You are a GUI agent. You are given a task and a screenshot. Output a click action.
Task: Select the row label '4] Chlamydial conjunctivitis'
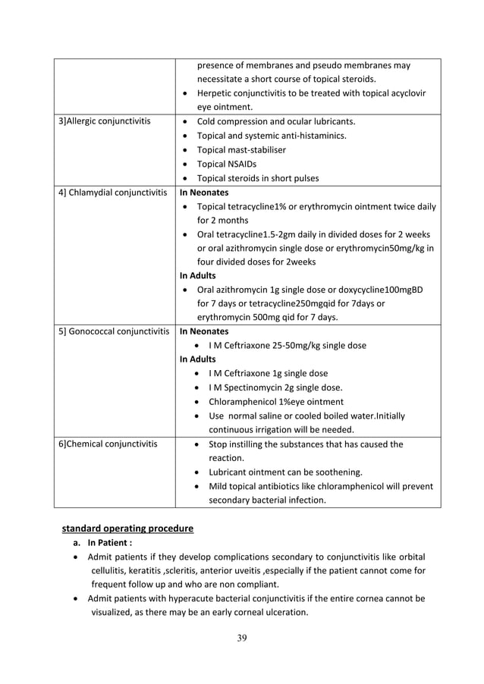(113, 193)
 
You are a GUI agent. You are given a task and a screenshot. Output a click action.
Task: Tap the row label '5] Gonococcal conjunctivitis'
(113, 331)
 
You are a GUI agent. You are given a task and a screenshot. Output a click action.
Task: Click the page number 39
(241, 637)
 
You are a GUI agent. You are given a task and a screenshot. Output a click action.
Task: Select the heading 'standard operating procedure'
(127, 528)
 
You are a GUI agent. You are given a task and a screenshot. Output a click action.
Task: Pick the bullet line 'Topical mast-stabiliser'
(241, 150)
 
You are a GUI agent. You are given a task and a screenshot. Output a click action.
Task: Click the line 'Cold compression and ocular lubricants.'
(276, 121)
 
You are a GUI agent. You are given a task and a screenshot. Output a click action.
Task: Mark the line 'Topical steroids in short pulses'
(257, 179)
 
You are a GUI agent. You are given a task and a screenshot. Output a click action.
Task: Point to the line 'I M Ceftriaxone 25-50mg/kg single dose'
(288, 345)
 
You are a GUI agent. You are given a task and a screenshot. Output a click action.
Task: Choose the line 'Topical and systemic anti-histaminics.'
(272, 136)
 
